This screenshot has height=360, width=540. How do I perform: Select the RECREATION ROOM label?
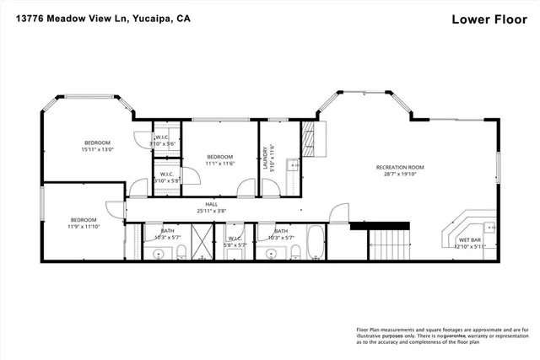click(400, 168)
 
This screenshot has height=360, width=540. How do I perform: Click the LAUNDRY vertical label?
click(269, 157)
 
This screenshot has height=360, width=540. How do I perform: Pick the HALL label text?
click(200, 204)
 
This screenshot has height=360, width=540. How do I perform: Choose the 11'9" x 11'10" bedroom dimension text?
click(84, 226)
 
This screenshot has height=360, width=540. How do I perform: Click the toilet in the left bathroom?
click(181, 251)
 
